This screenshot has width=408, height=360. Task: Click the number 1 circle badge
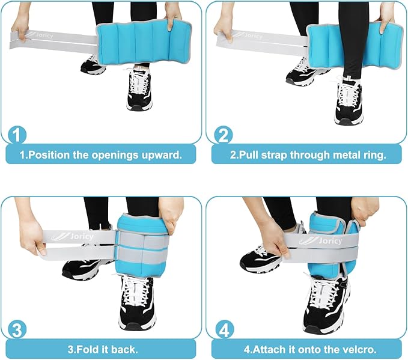tap(17, 135)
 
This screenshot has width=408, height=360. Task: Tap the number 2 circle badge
tap(224, 135)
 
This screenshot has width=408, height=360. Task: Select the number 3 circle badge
tap(17, 330)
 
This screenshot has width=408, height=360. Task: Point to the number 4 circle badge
tap(224, 330)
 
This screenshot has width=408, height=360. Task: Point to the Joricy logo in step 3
tap(72, 236)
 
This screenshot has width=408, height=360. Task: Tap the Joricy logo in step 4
tap(321, 241)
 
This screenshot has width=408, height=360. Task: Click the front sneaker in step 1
tap(139, 88)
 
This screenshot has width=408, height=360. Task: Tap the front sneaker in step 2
tap(348, 101)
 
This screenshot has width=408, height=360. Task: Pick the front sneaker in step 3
tap(137, 302)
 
